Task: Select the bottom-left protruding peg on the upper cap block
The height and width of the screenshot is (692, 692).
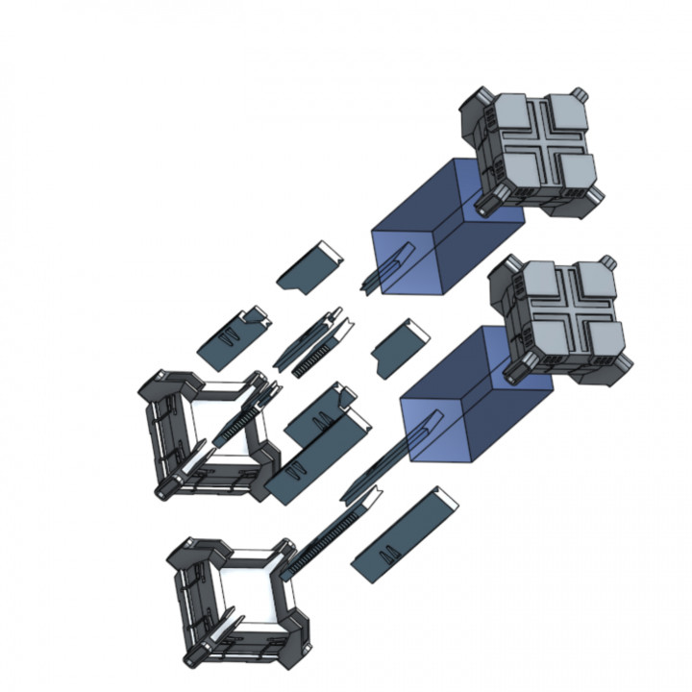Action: (x=486, y=202)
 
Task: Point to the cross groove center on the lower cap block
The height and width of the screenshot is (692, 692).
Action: (x=567, y=313)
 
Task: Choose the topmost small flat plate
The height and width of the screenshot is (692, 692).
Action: (x=310, y=264)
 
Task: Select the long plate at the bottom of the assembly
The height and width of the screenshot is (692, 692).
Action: (x=404, y=534)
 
